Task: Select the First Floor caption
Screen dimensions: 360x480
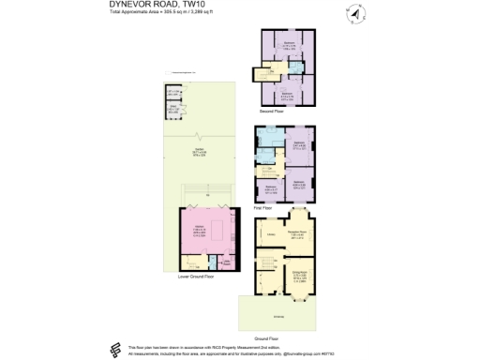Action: pyautogui.click(x=262, y=207)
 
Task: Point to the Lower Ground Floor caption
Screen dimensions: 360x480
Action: pyautogui.click(x=198, y=277)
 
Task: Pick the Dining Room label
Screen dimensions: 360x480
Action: pyautogui.click(x=300, y=277)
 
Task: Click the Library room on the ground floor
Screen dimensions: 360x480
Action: pyautogui.click(x=270, y=233)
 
